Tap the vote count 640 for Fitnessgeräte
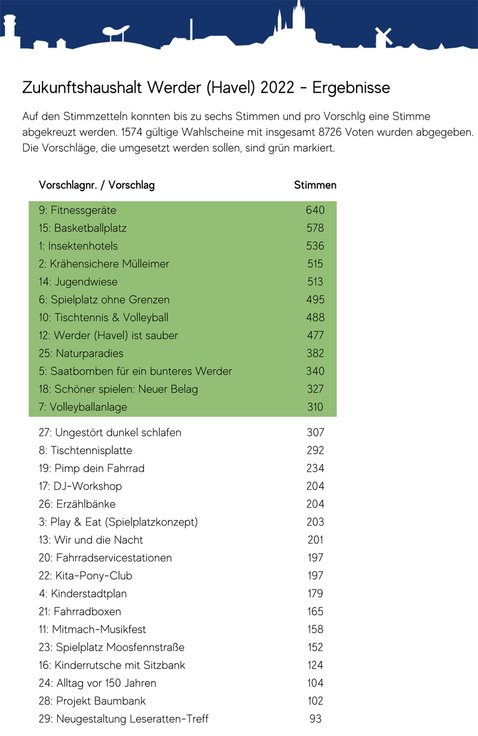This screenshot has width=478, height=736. click(x=315, y=210)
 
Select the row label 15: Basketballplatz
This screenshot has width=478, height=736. click(x=82, y=228)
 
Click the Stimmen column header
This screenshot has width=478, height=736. click(x=315, y=185)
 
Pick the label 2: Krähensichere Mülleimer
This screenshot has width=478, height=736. click(x=104, y=264)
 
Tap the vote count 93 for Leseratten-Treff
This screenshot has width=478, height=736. click(x=315, y=719)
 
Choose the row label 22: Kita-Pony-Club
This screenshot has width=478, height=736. click(x=85, y=576)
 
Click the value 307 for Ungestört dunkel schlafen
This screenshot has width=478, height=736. click(x=315, y=433)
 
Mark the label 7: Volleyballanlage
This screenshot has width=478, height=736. click(x=83, y=407)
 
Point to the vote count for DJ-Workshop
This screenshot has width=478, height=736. click(x=315, y=486)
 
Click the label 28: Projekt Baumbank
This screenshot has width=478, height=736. click(x=92, y=701)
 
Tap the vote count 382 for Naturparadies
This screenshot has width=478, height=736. click(x=315, y=354)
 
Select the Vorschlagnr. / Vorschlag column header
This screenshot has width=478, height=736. click(x=97, y=185)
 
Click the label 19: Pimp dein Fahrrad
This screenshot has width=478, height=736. click(x=91, y=468)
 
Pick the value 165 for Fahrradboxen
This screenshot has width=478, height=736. click(x=315, y=612)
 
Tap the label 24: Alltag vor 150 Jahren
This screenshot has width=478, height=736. click(x=97, y=683)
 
